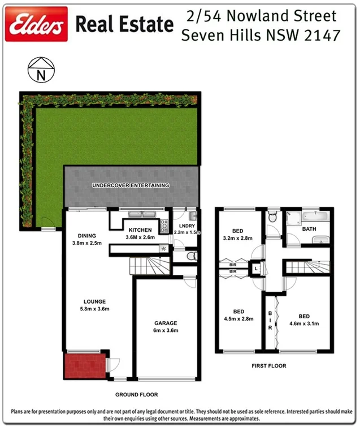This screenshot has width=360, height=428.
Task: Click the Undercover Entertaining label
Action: click(132, 185)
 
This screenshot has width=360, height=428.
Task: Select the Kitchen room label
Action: click(140, 230)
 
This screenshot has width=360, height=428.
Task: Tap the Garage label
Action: click(166, 323)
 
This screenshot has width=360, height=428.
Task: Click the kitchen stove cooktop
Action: click(164, 226)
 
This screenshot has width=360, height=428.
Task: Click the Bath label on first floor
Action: click(309, 229)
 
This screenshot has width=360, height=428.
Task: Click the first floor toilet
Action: click(272, 217)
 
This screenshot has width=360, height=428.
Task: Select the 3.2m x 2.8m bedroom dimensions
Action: click(238, 238)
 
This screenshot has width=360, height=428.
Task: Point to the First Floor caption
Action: click(268, 366)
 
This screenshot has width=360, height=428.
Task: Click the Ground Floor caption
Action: click(136, 395)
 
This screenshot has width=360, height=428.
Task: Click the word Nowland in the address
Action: click(260, 15)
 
